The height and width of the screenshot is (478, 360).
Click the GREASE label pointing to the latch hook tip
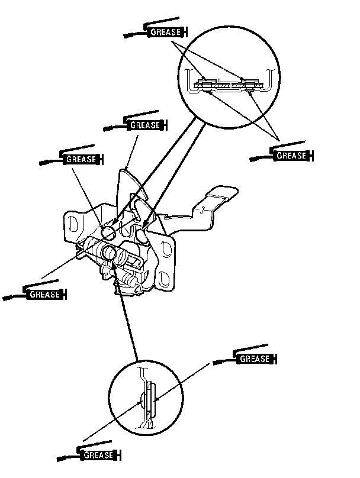[x=145, y=125]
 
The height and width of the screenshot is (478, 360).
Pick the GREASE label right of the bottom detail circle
[x=255, y=358]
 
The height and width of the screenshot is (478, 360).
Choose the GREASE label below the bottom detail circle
[x=99, y=455]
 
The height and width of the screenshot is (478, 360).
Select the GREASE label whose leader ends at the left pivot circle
[x=81, y=159]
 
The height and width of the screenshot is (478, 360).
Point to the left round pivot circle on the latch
[x=108, y=228]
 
